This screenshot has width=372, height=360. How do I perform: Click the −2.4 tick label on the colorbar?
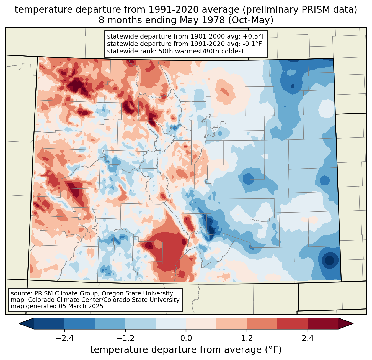coord(64,338)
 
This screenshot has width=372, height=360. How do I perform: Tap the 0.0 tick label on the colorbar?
coord(186,338)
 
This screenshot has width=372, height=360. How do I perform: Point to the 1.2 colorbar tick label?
coord(247,338)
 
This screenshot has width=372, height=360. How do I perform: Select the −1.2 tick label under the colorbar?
coord(125,338)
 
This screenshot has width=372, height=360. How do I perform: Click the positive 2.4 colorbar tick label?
coord(308,338)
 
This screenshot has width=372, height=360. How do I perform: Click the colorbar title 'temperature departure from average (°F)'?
coord(186,350)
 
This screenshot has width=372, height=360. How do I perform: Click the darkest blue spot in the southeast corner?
coord(329,260)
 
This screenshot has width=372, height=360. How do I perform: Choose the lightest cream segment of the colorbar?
coord(201,323)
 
